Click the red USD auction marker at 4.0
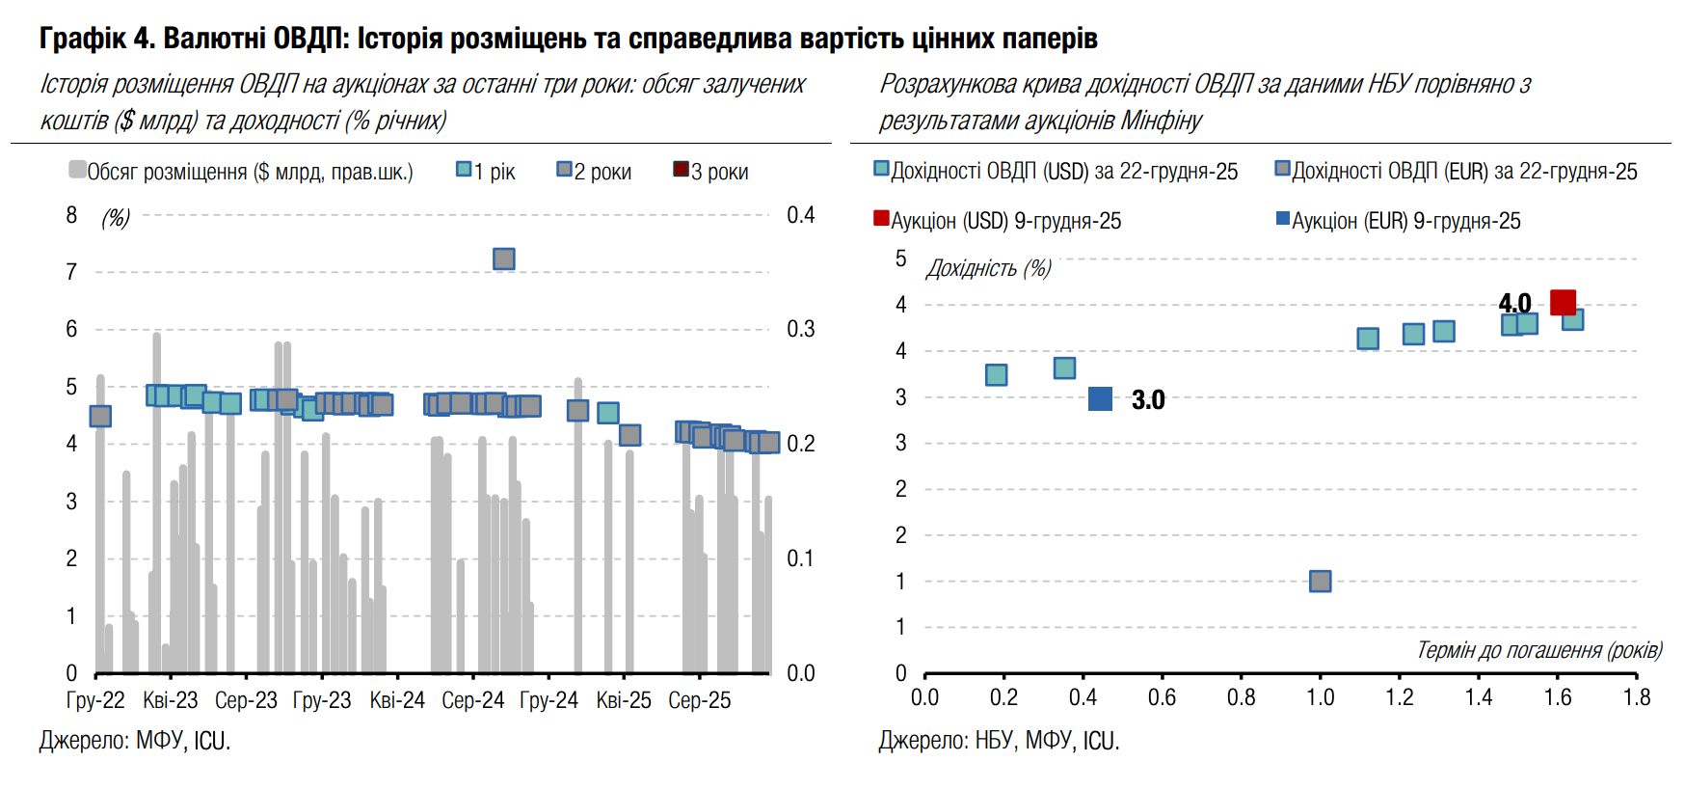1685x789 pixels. point(1563,302)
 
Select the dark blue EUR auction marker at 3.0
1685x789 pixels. point(1100,398)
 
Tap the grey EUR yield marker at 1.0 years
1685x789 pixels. point(1320,581)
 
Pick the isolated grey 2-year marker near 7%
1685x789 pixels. point(503,258)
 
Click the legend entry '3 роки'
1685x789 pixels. point(710,172)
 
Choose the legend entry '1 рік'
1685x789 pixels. point(486,172)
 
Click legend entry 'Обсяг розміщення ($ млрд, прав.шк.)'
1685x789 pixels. point(241,172)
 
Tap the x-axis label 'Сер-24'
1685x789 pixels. point(472,700)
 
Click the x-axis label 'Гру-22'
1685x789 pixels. point(95,700)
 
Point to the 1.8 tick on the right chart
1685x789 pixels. point(1637,697)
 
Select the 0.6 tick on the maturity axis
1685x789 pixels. point(1162,697)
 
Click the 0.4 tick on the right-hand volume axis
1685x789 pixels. point(800,215)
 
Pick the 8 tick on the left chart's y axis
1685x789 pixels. point(71,215)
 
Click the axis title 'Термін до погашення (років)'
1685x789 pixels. point(1538,650)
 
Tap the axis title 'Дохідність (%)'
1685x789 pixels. point(988,268)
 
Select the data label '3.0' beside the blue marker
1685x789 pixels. point(1147,399)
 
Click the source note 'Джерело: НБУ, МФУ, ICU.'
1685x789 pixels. point(999,741)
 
